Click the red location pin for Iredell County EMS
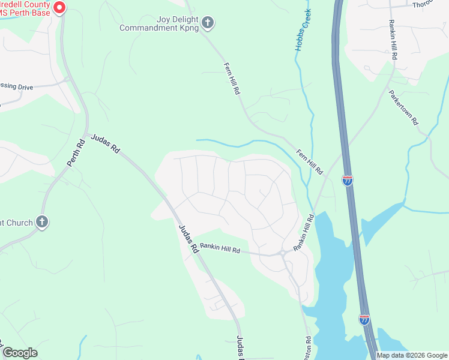(59, 7)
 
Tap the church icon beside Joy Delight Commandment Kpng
(208, 23)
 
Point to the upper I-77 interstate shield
(348, 181)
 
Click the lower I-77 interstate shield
(364, 319)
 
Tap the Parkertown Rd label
(403, 107)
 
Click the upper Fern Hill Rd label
(232, 79)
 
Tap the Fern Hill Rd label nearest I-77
(310, 162)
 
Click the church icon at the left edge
(41, 223)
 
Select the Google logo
(20, 353)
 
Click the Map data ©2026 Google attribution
(412, 355)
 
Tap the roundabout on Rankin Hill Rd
(282, 253)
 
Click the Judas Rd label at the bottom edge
(240, 348)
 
